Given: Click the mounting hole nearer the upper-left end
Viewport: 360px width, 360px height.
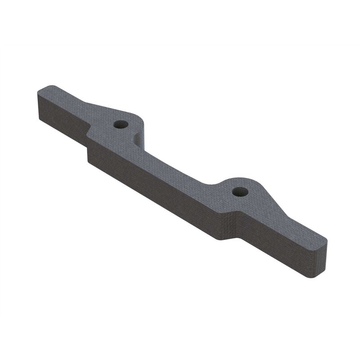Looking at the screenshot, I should pyautogui.click(x=119, y=124).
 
